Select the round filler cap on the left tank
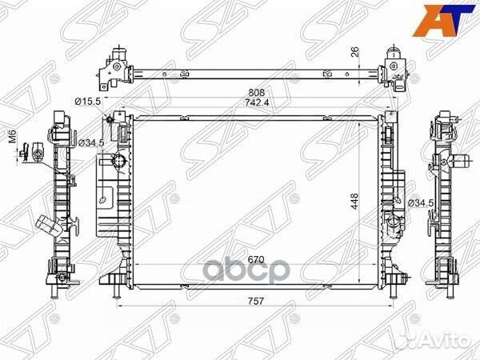point(121,164)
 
